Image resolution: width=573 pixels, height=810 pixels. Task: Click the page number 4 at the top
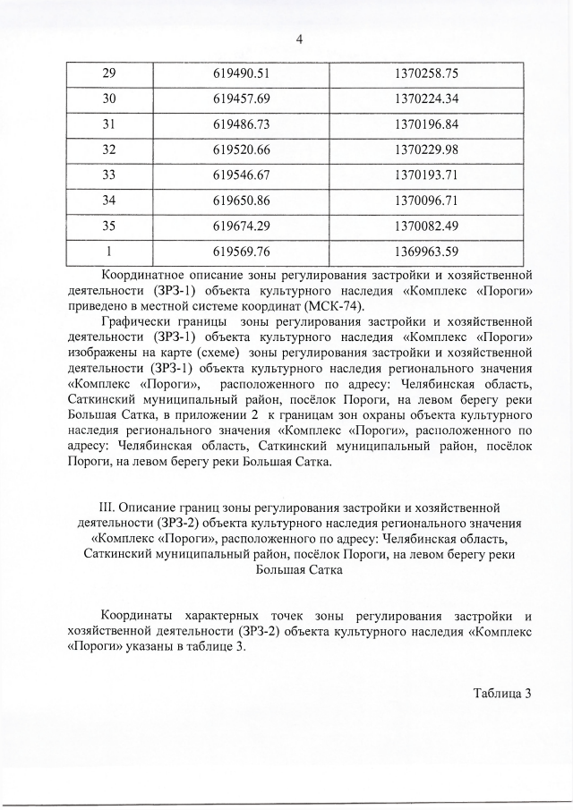tap(286, 39)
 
